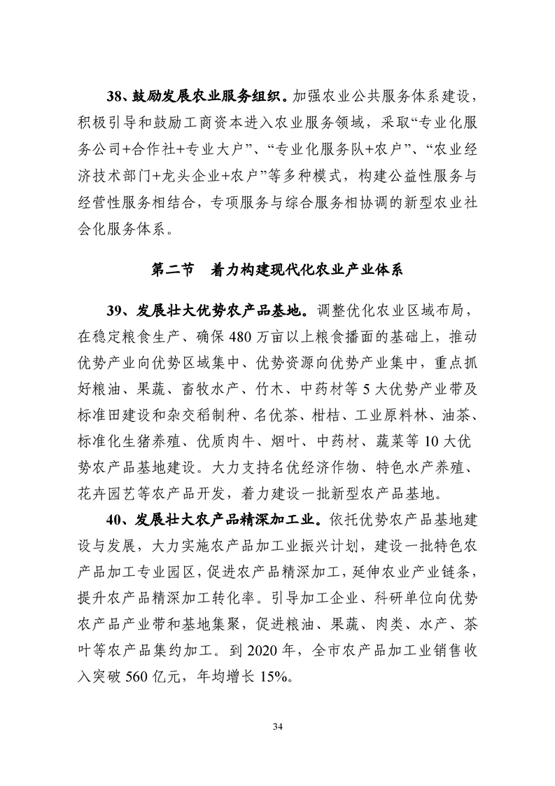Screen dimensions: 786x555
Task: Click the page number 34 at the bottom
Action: (x=277, y=724)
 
